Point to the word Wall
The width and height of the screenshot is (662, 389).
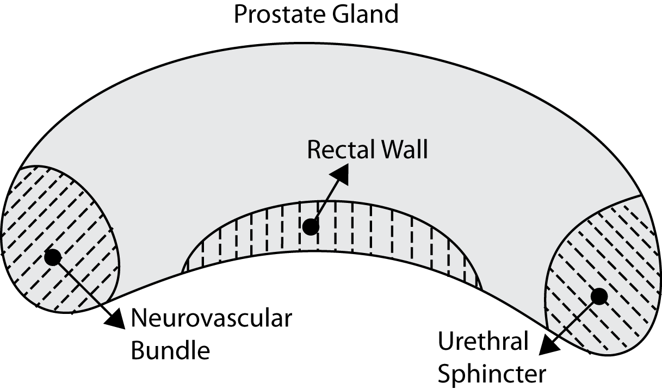pyautogui.click(x=404, y=150)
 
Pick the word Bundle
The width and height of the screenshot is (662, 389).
pyautogui.click(x=171, y=351)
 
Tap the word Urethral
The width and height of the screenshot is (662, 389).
pyautogui.click(x=483, y=342)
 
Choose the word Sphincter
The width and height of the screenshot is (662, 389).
pyautogui.click(x=491, y=374)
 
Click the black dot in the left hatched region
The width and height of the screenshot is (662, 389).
pyautogui.click(x=52, y=257)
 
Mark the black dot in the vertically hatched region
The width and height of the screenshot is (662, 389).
pyautogui.click(x=311, y=227)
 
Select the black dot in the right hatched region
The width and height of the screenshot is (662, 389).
pyautogui.click(x=599, y=296)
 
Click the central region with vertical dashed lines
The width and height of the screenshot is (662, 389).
pyautogui.click(x=381, y=239)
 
